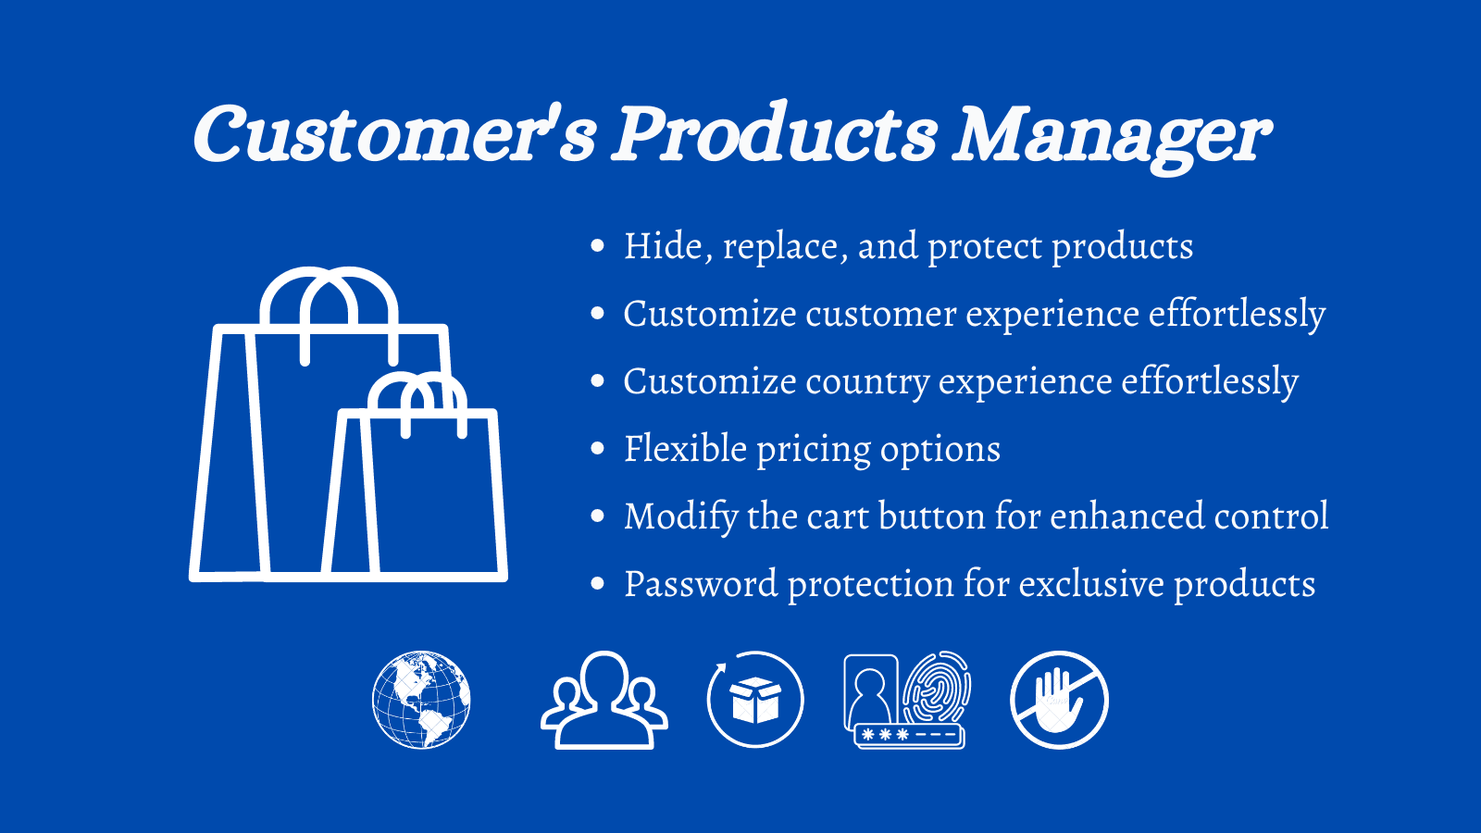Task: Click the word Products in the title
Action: (x=776, y=134)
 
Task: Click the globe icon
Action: (x=421, y=700)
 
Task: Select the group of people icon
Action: (x=604, y=701)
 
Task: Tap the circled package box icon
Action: (x=755, y=700)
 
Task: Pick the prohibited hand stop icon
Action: (x=1059, y=700)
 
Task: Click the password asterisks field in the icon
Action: (x=909, y=735)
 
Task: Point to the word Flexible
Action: (x=685, y=449)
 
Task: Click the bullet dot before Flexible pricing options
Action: (x=598, y=450)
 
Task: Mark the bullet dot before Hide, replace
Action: (x=598, y=246)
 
